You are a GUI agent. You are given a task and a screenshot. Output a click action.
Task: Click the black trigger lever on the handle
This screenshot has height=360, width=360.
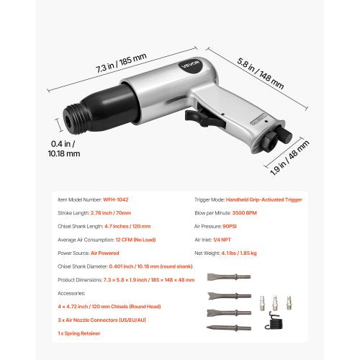[x=199, y=115]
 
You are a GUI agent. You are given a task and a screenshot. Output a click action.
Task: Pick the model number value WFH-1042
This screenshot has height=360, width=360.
[x=116, y=199]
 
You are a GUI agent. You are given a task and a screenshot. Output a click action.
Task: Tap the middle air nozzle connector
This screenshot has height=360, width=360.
[x=274, y=299]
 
